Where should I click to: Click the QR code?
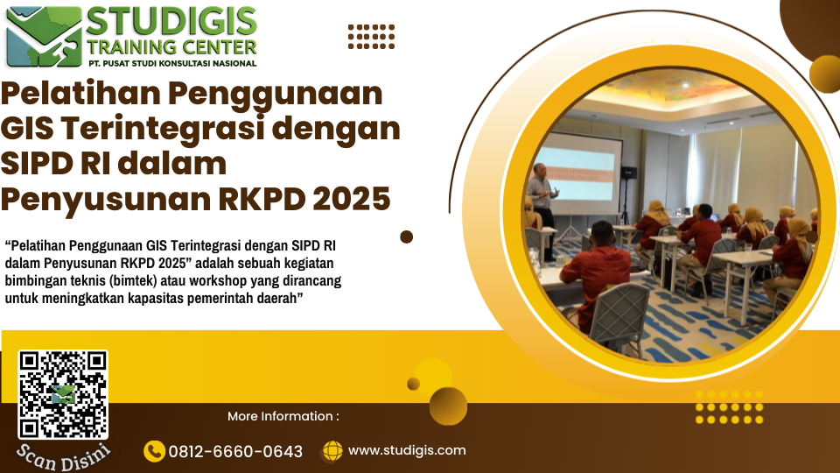63,395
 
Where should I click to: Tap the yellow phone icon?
154,451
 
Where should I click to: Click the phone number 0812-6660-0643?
235,452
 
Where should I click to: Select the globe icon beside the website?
332,451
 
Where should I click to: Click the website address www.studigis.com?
407,450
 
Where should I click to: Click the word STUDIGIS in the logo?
171,21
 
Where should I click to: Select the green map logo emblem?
44,37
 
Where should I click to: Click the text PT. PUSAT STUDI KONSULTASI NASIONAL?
172,63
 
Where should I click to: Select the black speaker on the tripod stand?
628,173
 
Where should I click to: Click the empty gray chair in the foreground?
619,316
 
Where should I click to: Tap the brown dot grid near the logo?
371,37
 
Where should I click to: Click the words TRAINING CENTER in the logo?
172,47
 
